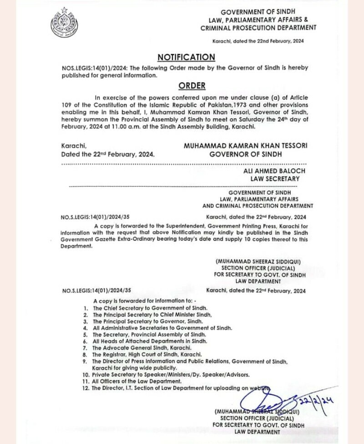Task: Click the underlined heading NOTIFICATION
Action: point(186,57)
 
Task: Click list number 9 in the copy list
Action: point(86,361)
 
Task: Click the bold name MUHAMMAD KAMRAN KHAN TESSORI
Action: point(245,146)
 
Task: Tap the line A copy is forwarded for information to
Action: point(145,301)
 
